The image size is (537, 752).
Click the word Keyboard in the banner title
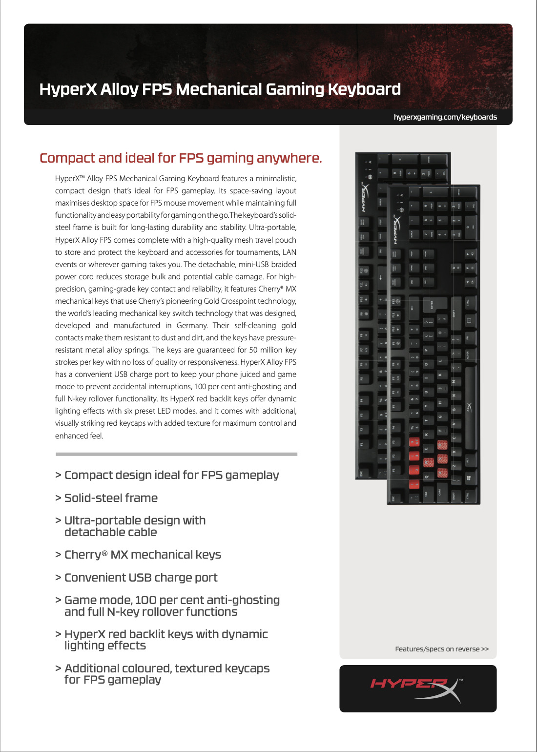point(364,89)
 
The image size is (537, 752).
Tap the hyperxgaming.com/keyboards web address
point(445,117)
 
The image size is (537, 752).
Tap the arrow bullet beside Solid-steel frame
point(58,498)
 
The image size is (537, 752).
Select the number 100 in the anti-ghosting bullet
point(145,600)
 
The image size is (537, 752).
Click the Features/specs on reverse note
point(442,649)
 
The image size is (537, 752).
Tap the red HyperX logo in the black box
point(409,684)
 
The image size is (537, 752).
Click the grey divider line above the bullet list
point(176,454)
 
